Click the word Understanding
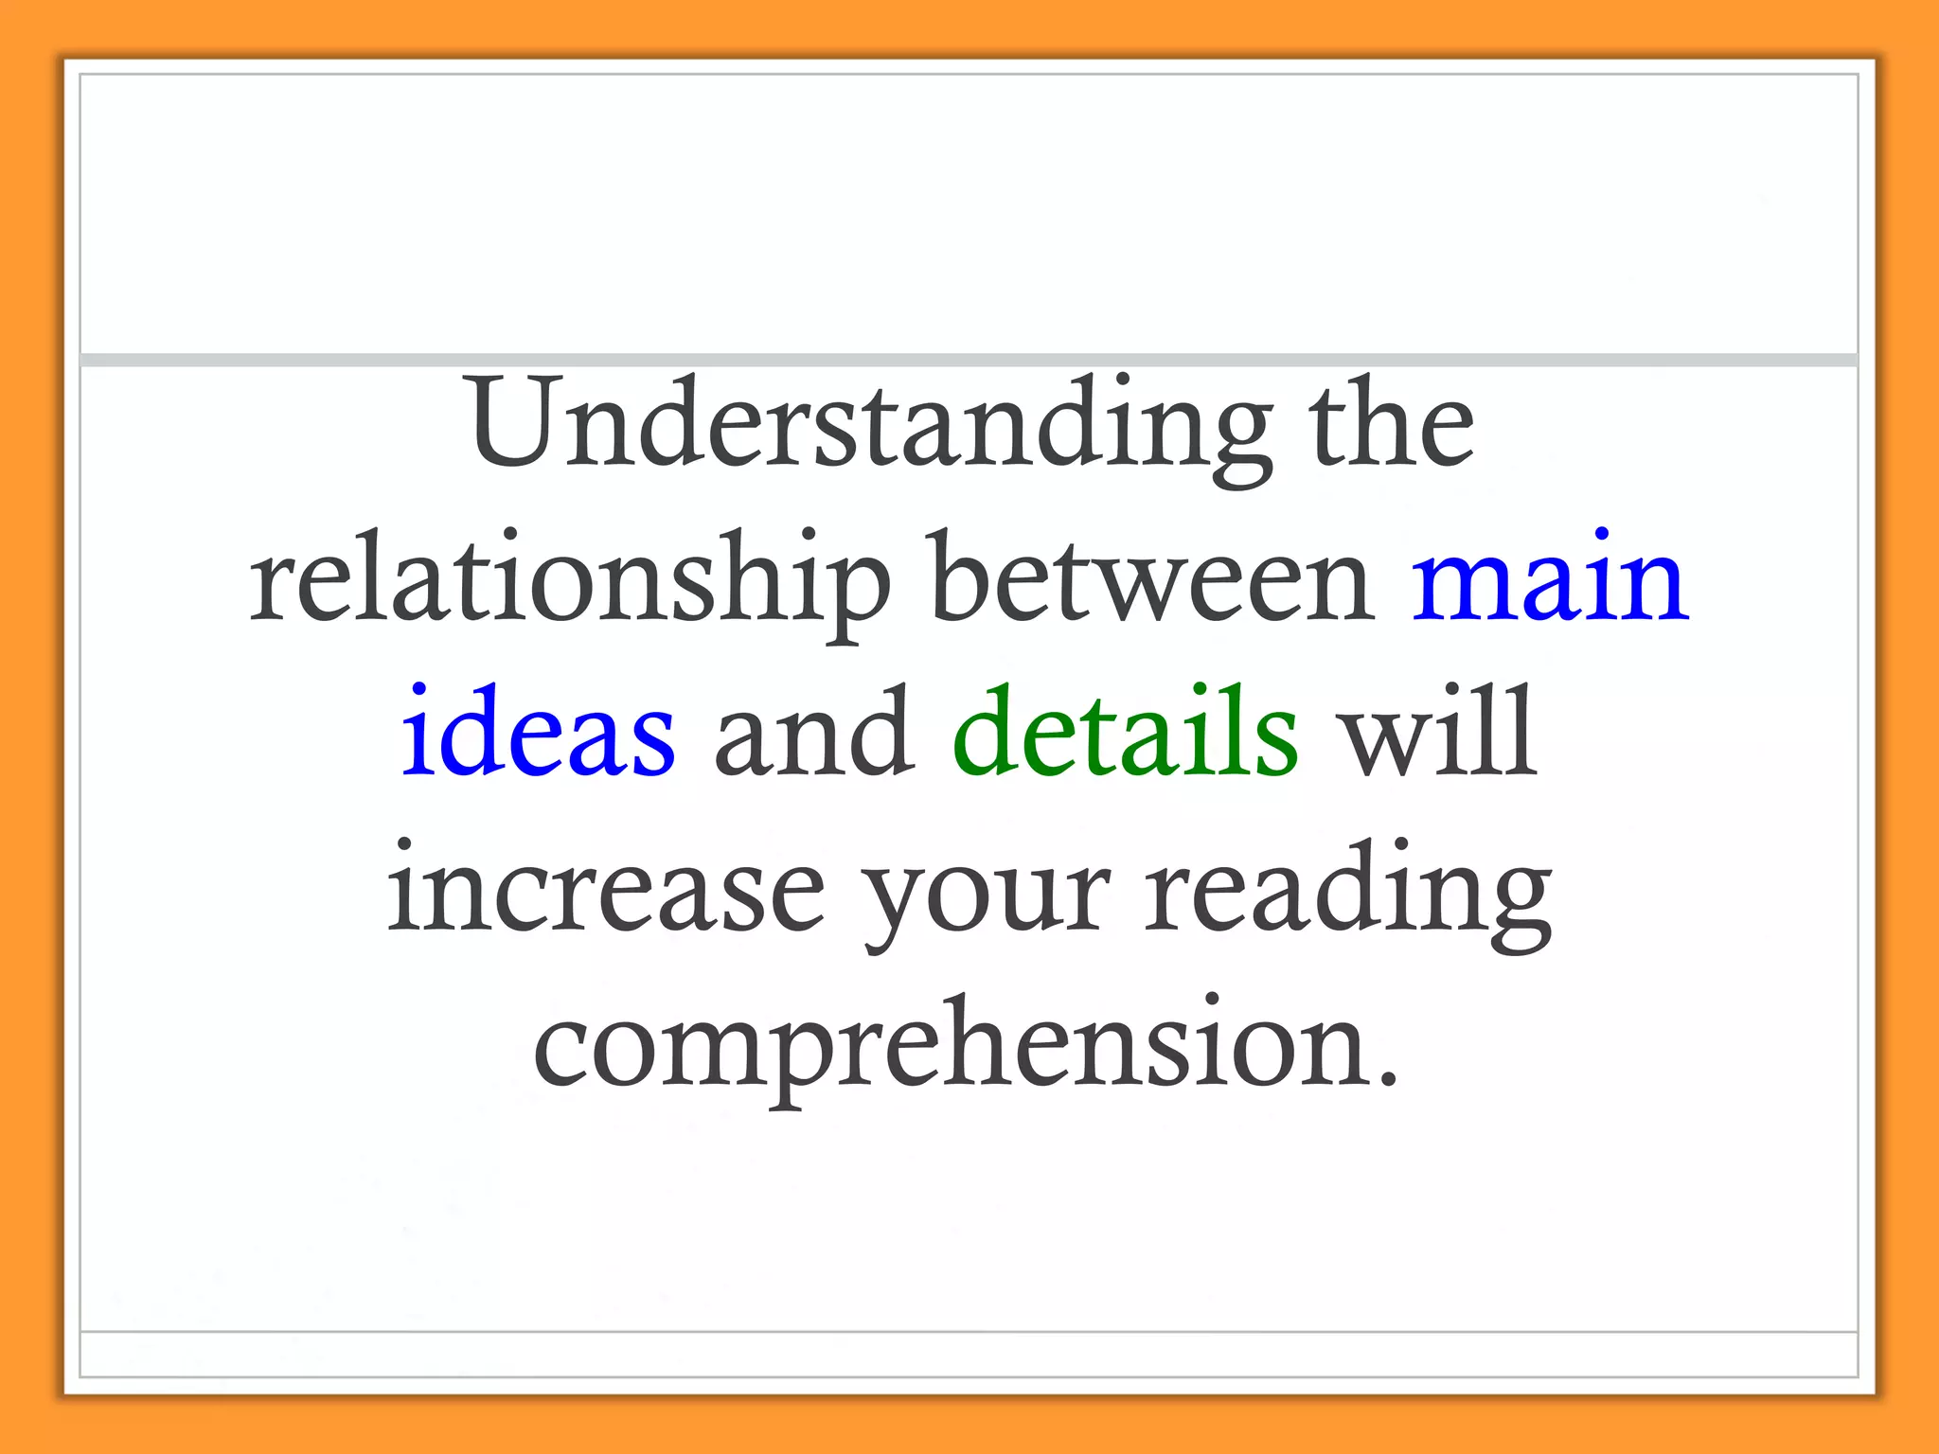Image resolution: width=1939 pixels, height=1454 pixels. (871, 426)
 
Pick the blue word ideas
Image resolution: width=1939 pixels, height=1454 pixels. (539, 734)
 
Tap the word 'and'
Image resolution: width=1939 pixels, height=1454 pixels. (814, 734)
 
